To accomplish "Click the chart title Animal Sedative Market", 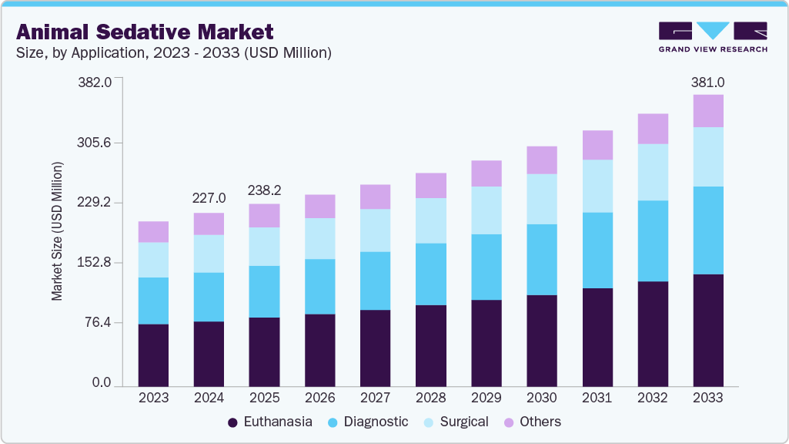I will [145, 32].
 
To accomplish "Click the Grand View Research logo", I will [712, 36].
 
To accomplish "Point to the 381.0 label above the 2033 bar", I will [707, 82].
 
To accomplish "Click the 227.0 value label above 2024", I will [209, 198].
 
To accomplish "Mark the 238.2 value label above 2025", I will [264, 190].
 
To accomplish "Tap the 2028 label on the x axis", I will [430, 398].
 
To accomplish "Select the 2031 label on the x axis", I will [597, 398].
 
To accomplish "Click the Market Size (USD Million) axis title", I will [58, 231].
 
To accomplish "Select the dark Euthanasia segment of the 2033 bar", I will [707, 330].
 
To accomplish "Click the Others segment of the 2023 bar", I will [153, 232].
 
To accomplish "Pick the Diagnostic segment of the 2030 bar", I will [541, 260].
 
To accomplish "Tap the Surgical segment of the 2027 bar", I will [375, 230].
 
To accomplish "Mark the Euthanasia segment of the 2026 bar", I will [319, 350].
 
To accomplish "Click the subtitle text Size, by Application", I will [92, 53].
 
